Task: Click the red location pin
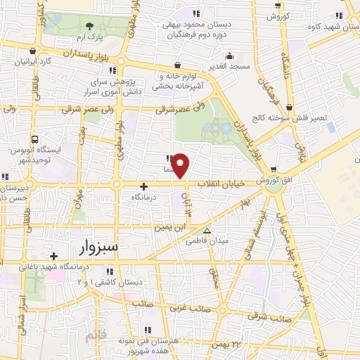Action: click(x=181, y=165)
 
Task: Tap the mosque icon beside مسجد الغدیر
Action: click(x=228, y=56)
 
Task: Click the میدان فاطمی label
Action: click(x=206, y=240)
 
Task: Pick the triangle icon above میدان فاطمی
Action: click(x=206, y=231)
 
